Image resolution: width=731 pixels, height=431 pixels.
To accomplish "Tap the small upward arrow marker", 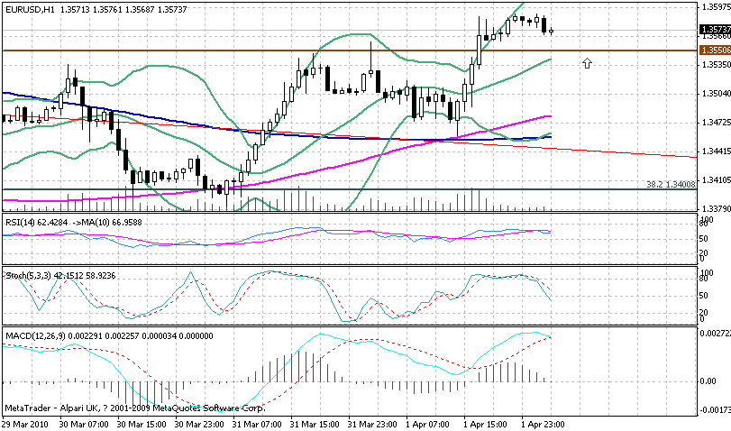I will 587,63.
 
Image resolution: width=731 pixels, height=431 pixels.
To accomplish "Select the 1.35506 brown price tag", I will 715,51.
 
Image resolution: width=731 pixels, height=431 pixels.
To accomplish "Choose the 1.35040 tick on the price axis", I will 714,93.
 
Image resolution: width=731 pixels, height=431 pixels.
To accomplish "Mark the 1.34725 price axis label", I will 714,122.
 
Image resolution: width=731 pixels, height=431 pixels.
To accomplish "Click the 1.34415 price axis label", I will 714,151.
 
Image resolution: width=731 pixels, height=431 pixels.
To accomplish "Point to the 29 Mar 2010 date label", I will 24,422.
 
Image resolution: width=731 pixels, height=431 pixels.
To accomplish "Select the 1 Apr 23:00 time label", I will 537,422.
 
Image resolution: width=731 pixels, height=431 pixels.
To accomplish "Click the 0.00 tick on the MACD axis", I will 708,381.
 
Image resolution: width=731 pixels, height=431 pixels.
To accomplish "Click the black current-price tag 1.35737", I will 715,30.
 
